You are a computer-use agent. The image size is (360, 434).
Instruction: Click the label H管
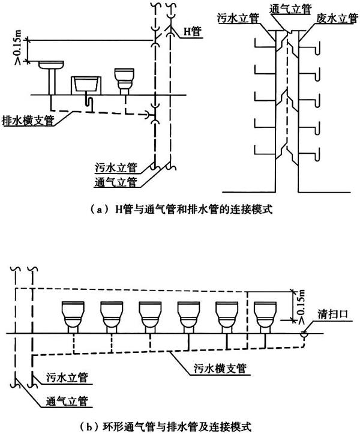tap(192, 32)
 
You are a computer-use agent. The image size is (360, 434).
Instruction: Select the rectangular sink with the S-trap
tap(86, 89)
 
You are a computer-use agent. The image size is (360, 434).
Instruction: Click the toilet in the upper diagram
tap(124, 82)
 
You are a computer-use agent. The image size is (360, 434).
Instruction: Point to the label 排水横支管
tap(28, 121)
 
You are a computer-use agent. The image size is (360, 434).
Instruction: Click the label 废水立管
tap(337, 19)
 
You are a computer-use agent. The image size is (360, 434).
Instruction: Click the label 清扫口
tap(332, 314)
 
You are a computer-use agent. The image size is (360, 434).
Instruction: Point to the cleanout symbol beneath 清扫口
tap(304, 334)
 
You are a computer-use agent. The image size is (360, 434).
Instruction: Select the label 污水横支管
tap(220, 369)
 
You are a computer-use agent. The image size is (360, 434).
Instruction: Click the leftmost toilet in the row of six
tap(73, 317)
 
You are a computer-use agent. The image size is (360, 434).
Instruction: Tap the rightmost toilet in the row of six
tap(265, 317)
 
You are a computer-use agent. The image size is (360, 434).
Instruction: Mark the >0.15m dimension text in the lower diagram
tap(301, 306)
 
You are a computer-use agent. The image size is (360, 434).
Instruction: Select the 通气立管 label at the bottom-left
tap(67, 401)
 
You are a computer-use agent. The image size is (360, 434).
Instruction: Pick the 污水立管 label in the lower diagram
tap(67, 378)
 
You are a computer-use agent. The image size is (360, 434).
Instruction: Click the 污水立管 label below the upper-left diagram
tap(116, 167)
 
